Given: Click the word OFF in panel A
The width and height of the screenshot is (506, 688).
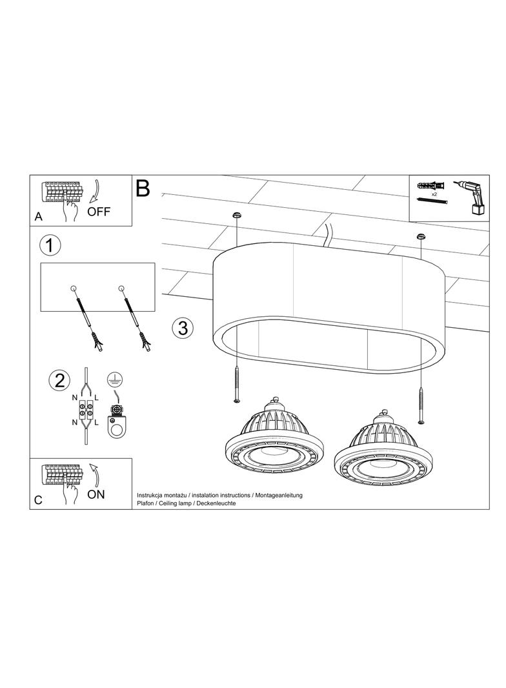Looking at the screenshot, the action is [x=99, y=212].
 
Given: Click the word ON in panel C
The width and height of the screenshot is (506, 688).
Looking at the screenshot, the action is [x=96, y=494].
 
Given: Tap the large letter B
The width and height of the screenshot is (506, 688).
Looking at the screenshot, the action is [x=143, y=188].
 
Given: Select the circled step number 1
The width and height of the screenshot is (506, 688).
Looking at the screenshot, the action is [x=50, y=245].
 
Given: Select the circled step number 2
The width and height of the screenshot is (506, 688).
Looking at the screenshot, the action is [x=59, y=380].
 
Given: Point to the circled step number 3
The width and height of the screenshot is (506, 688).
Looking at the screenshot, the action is [x=183, y=327].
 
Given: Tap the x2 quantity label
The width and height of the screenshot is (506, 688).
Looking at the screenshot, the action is [x=434, y=194].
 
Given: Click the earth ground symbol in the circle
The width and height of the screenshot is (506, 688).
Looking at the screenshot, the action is [x=114, y=380].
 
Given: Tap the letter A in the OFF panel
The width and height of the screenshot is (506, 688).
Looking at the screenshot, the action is [x=39, y=217].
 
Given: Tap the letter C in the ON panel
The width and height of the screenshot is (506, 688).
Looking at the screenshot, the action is [x=38, y=500].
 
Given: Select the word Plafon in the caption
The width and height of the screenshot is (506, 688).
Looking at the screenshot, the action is [x=145, y=503].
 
